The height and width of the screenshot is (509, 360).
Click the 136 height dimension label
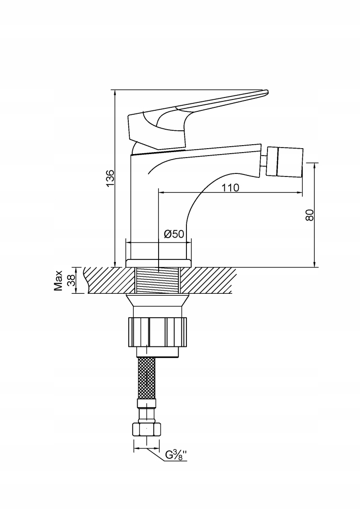tap(110, 177)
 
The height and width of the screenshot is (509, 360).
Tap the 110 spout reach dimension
tap(230, 187)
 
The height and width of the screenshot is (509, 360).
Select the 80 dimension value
tap(310, 215)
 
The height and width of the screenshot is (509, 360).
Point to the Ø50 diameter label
tap(174, 234)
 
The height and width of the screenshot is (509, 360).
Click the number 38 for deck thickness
tap(71, 280)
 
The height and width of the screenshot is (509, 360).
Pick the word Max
tap(59, 280)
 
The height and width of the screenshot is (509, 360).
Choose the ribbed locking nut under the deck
tap(158, 332)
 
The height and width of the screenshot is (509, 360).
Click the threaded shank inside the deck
tap(158, 280)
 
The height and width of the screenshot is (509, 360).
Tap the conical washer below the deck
tap(158, 301)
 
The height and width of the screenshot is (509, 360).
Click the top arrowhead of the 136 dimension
tap(115, 92)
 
